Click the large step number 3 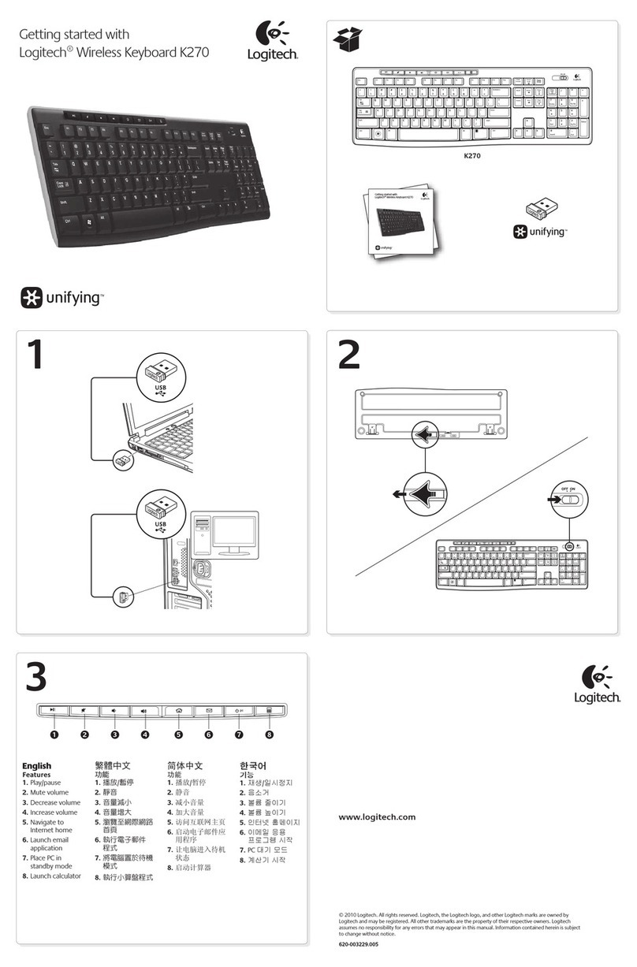[x=38, y=675]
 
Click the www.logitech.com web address [x=377, y=817]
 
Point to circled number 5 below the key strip [x=179, y=735]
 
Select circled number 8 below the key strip [x=269, y=735]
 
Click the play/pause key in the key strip [x=54, y=710]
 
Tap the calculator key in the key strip [x=269, y=710]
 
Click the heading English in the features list [x=36, y=765]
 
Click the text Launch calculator [x=55, y=876]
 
